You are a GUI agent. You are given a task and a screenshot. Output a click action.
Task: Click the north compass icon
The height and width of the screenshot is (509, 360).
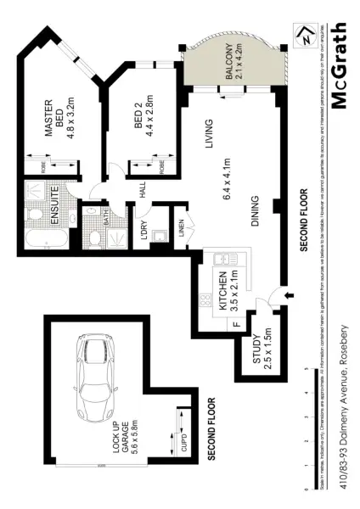pos(326,39)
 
